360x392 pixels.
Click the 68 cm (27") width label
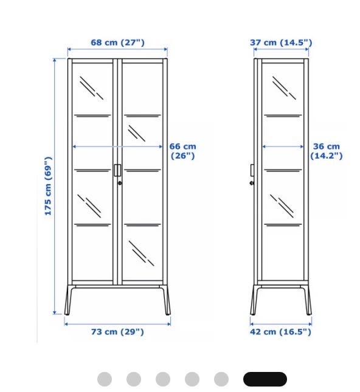click(x=117, y=43)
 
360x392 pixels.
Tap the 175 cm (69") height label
click(x=48, y=186)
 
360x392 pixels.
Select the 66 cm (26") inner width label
click(x=182, y=151)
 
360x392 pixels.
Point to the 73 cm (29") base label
click(x=117, y=332)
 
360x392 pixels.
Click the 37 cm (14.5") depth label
click(x=281, y=43)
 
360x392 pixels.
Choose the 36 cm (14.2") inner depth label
click(x=326, y=151)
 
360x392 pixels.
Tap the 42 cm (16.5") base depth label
click(x=280, y=332)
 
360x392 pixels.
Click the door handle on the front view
click(x=117, y=170)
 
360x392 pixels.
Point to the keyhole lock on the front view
click(x=120, y=184)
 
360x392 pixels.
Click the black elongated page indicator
click(x=265, y=379)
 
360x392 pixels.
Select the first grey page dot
click(x=105, y=379)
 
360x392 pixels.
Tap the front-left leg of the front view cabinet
click(x=69, y=300)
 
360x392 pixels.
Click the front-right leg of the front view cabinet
click(x=167, y=300)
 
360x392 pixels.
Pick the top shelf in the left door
click(x=92, y=115)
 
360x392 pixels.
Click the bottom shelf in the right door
click(x=142, y=225)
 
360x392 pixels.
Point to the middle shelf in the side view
click(x=283, y=171)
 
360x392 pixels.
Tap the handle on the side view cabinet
click(x=252, y=170)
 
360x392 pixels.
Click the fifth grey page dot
click(x=221, y=379)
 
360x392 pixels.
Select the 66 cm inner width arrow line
click(x=117, y=146)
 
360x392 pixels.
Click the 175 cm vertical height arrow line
click(x=55, y=186)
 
